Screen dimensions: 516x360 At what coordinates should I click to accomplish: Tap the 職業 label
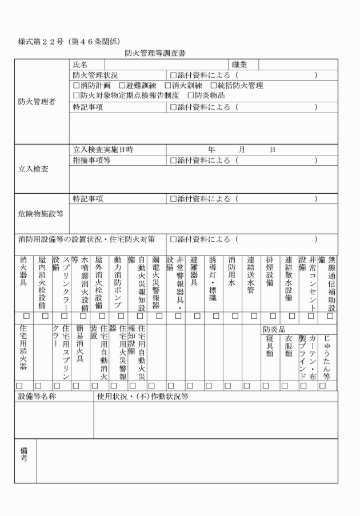pyautogui.click(x=239, y=65)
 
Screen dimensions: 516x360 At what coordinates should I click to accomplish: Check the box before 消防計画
pyautogui.click(x=76, y=85)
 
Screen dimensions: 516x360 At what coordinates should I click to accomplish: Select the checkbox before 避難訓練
pyautogui.click(x=122, y=85)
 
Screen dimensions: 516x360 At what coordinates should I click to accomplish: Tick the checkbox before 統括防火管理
pyautogui.click(x=214, y=85)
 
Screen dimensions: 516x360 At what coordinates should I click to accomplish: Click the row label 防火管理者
pyautogui.click(x=37, y=102)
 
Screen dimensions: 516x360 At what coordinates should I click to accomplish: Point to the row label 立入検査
pyautogui.click(x=33, y=170)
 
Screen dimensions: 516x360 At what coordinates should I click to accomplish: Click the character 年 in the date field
pyautogui.click(x=212, y=149)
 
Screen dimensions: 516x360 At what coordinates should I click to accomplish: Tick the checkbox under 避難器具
pyautogui.click(x=197, y=315)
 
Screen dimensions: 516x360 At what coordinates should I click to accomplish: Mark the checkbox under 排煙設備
pyautogui.click(x=273, y=315)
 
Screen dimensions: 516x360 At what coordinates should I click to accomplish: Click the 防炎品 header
pyautogui.click(x=273, y=329)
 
